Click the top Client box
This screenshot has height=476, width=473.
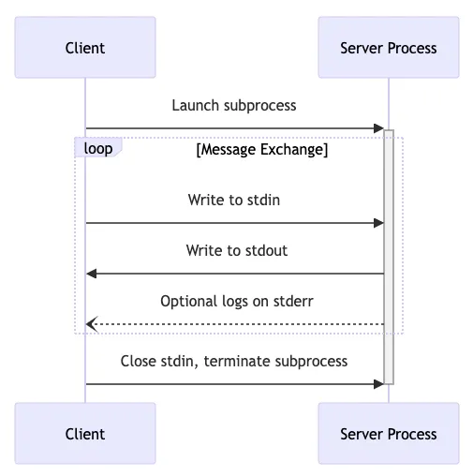(85, 47)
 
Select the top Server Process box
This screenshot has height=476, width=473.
(389, 47)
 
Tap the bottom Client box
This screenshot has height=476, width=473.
(85, 433)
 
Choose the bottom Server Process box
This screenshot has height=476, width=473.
(389, 433)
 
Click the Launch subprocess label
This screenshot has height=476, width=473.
(234, 106)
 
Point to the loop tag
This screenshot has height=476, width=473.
(98, 148)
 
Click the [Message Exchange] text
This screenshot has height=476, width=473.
(262, 149)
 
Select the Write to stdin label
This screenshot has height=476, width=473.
(234, 200)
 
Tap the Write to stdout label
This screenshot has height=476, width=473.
(237, 250)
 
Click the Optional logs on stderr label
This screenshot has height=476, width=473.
(237, 302)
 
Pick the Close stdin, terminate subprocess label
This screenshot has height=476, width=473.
(234, 362)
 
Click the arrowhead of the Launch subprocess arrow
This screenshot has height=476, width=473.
(378, 128)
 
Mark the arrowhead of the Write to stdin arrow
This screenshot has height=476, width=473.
(378, 223)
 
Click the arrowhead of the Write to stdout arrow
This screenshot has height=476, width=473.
(91, 274)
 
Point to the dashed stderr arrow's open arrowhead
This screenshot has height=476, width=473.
(92, 324)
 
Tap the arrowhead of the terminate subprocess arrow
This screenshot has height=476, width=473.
(378, 384)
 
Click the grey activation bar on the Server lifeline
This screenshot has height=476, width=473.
(389, 257)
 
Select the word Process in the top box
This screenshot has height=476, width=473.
(412, 48)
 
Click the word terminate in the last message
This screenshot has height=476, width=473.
(237, 361)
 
